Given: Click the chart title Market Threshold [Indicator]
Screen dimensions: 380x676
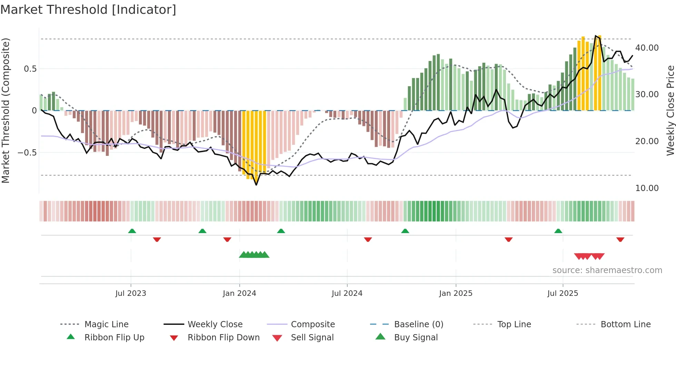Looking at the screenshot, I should [88, 10].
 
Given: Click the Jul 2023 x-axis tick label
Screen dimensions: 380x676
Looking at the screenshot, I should [131, 293].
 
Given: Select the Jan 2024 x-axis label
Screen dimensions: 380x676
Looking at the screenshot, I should [239, 293].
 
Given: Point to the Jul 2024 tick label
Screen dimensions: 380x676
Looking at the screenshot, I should [347, 293].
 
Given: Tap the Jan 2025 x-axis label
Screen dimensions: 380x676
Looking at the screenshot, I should [456, 293].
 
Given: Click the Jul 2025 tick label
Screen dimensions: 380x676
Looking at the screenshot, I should [563, 293].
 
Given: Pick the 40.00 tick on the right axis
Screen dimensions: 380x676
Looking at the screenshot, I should [647, 48].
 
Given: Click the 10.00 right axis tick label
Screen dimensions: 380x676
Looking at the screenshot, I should [647, 188].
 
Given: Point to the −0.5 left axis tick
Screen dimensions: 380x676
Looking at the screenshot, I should [27, 152].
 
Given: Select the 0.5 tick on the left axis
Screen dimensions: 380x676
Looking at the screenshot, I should [30, 69].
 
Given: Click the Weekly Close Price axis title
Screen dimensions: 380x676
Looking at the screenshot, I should [670, 110].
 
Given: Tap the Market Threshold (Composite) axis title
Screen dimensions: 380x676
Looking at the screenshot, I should [6, 110].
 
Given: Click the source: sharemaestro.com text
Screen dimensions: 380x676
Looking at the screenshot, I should [607, 270].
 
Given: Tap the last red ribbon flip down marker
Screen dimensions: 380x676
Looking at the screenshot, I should [620, 239].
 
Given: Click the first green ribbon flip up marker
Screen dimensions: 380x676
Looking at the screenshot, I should [132, 231].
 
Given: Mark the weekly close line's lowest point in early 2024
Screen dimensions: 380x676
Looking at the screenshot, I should [256, 185].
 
